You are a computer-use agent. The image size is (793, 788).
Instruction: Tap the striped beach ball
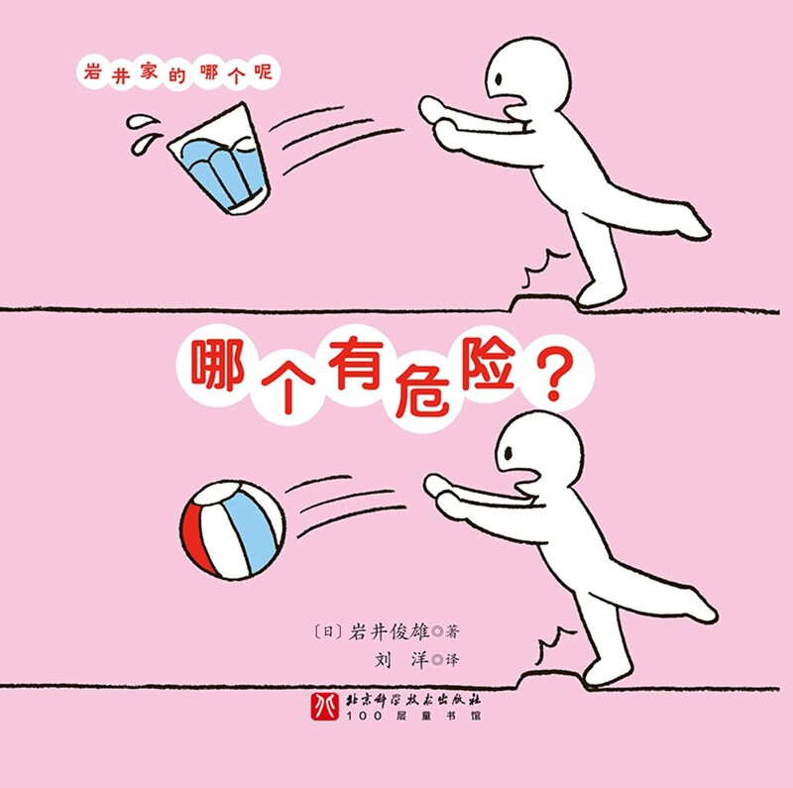coord(232,529)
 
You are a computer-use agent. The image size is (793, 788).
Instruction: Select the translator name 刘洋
coord(396,659)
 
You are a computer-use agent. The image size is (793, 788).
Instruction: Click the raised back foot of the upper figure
coord(693,226)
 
